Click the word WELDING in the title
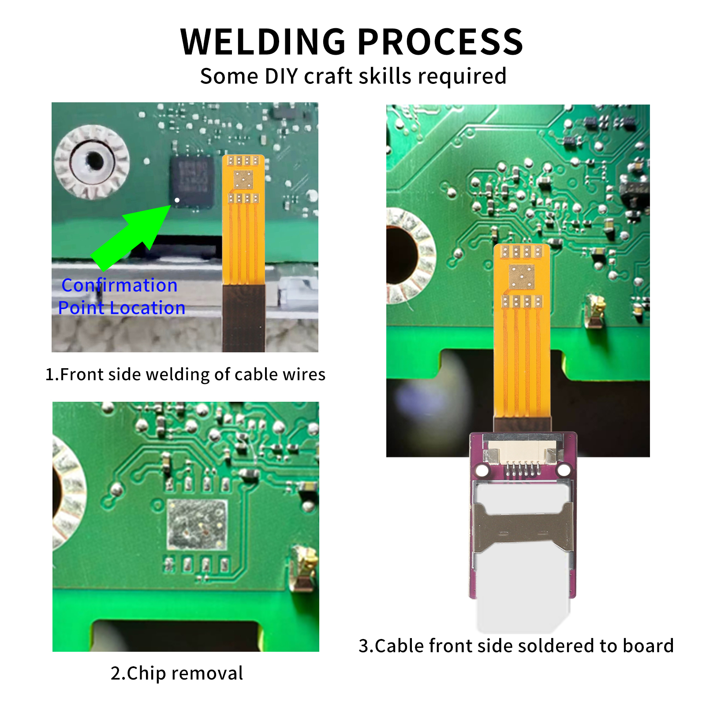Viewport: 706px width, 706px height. point(263,42)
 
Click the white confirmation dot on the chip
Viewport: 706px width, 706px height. point(177,200)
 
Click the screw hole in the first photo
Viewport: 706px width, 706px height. point(93,161)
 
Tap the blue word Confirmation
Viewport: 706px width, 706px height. point(120,285)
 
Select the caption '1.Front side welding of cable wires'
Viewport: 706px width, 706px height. point(185,374)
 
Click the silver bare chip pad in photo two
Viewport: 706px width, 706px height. point(197,524)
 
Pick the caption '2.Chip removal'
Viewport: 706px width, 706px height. point(176,673)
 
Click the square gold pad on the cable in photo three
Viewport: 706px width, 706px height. point(522,277)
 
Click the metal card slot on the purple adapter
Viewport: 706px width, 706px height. point(523,527)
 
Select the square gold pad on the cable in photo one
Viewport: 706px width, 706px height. point(243,179)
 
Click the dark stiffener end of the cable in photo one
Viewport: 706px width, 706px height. point(243,318)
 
